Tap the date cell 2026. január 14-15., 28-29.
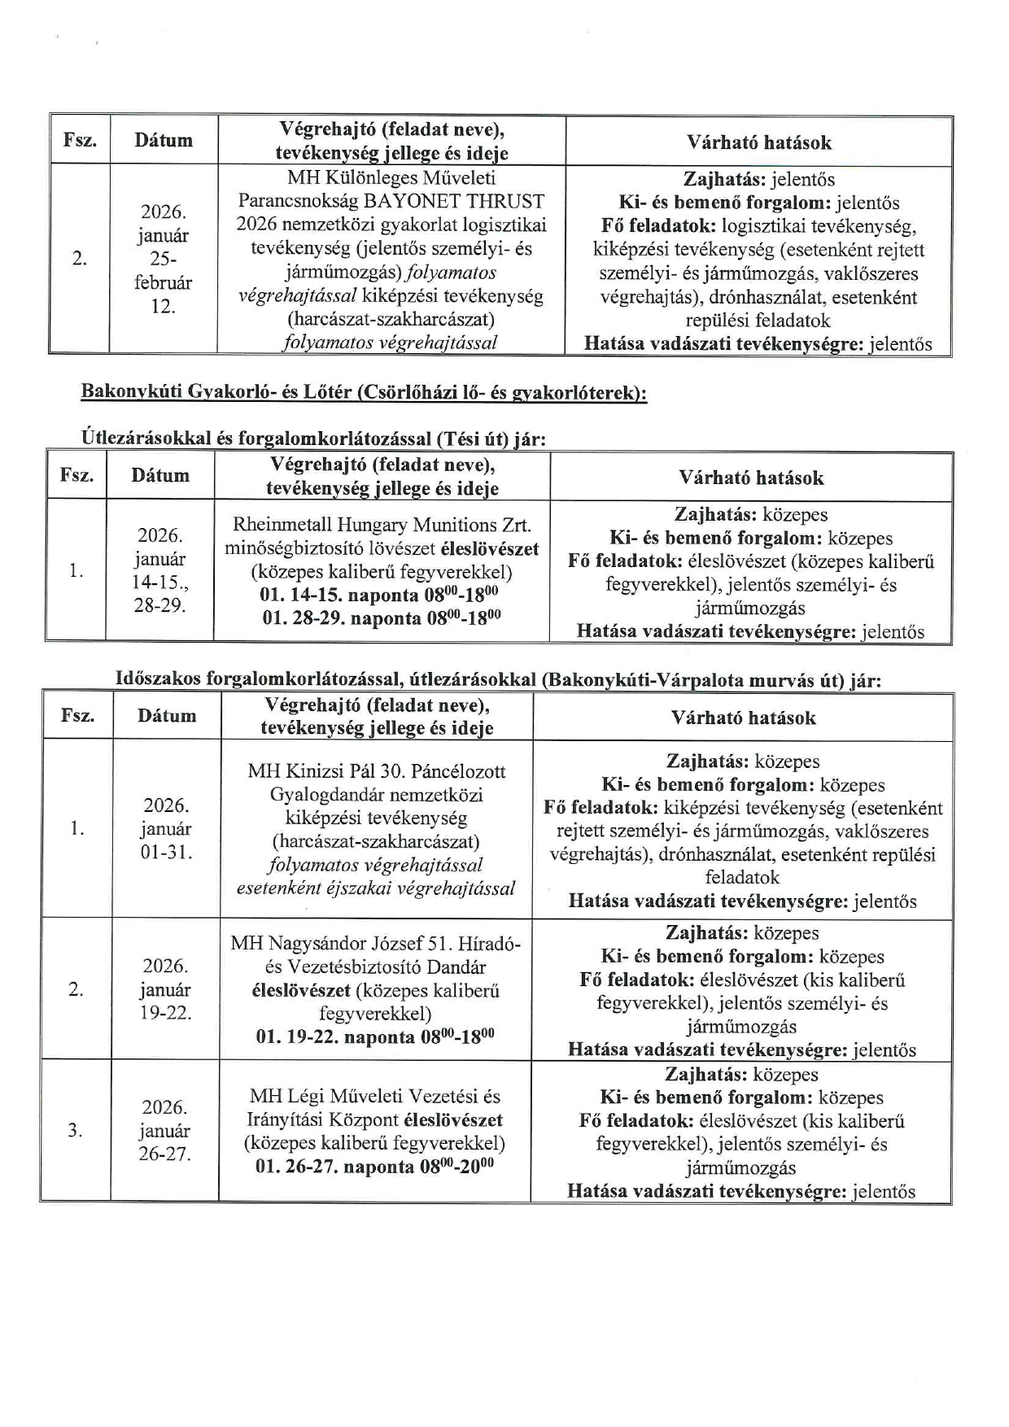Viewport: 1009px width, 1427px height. click(x=159, y=570)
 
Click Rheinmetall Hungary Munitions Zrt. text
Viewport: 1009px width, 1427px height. click(x=382, y=525)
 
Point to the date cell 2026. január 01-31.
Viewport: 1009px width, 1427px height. click(x=167, y=829)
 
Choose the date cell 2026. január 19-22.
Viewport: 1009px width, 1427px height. click(x=166, y=989)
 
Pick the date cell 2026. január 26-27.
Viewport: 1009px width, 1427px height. click(x=165, y=1131)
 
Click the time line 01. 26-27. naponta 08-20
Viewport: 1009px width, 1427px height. click(x=375, y=1167)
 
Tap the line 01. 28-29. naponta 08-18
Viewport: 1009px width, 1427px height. click(x=382, y=618)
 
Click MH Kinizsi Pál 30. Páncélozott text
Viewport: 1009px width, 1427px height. click(x=377, y=771)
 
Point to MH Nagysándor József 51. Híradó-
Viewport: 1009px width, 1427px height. click(x=375, y=944)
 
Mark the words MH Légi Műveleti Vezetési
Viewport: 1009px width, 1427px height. click(x=375, y=1096)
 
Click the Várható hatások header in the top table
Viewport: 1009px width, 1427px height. click(x=758, y=143)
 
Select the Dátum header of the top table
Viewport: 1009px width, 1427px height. click(x=164, y=141)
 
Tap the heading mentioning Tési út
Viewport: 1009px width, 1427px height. click(x=314, y=439)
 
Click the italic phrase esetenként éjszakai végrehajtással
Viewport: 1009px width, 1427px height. click(x=376, y=888)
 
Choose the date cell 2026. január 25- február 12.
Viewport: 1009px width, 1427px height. click(x=163, y=259)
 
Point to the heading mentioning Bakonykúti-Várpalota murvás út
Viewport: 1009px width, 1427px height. click(x=498, y=679)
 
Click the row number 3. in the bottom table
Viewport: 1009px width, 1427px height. click(x=75, y=1130)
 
